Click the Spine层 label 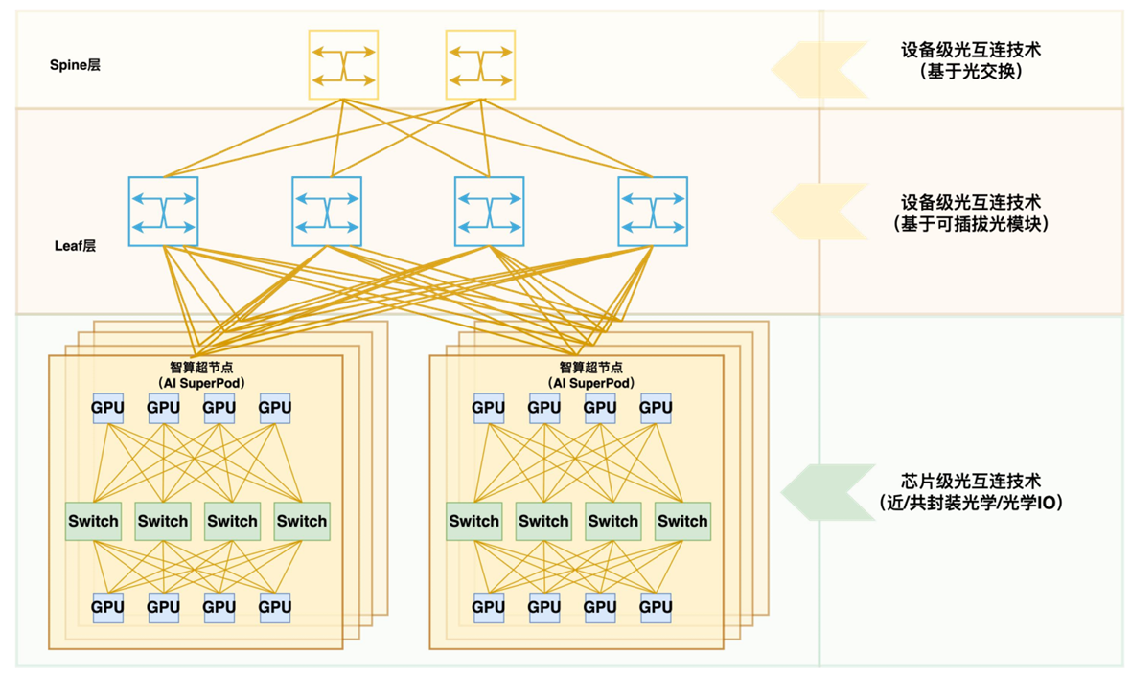pos(75,65)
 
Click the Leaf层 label pos(75,246)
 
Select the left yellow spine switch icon pos(343,64)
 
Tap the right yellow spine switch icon pos(480,64)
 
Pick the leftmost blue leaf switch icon pos(164,212)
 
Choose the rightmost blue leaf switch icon pos(653,212)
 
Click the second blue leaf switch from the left pos(327,212)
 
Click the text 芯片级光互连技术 pos(970,481)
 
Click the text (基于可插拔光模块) pos(970,224)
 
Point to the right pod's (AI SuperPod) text pos(591,382)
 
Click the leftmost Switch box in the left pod pos(94,521)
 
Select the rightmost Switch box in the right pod pos(682,521)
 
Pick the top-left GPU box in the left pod pos(107,408)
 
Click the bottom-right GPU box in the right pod pos(656,607)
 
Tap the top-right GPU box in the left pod pos(275,408)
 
